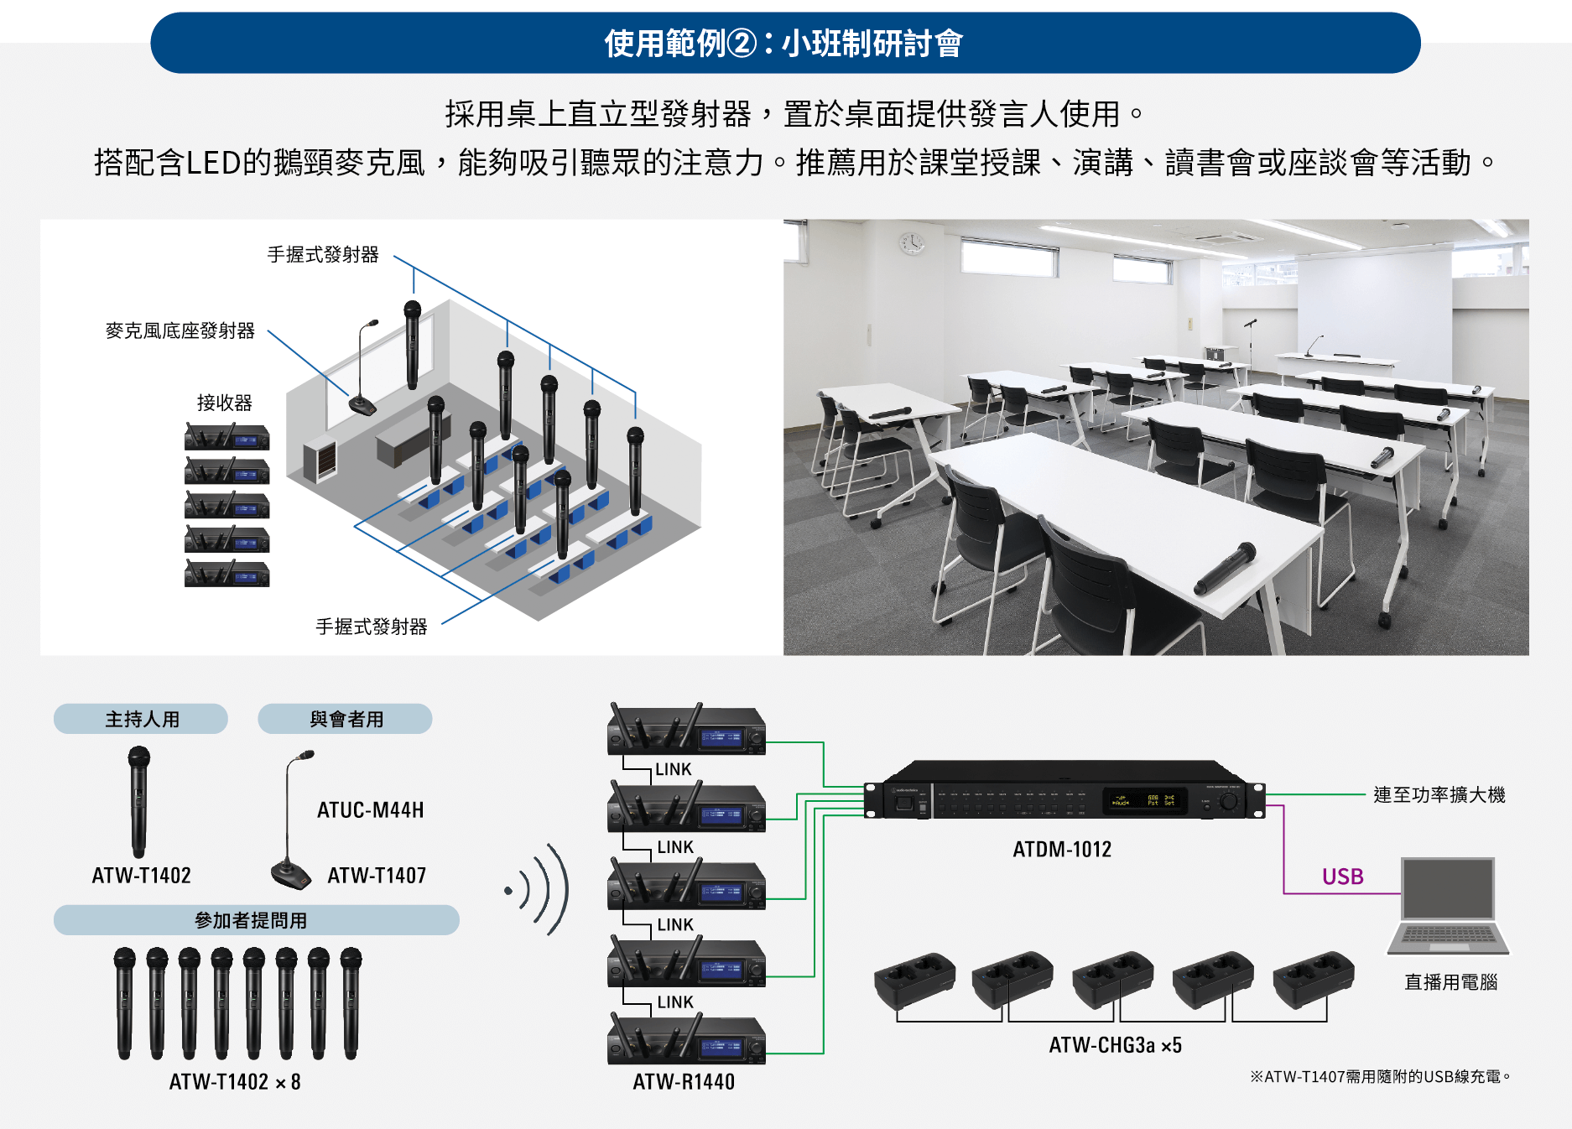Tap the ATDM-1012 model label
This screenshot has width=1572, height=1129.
[x=1061, y=850]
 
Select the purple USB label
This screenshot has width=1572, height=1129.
[x=1342, y=877]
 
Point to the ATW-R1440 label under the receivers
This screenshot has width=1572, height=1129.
[x=684, y=1082]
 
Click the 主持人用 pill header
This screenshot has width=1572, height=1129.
[x=141, y=719]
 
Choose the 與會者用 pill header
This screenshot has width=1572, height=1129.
[x=345, y=719]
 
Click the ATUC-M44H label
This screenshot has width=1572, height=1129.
[x=370, y=810]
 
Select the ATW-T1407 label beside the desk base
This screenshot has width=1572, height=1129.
[x=377, y=876]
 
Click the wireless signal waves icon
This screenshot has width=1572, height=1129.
[x=542, y=889]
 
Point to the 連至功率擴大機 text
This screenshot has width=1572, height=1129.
[x=1439, y=794]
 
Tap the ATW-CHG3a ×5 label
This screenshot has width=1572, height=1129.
[x=1115, y=1045]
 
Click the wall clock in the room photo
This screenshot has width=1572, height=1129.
[x=912, y=242]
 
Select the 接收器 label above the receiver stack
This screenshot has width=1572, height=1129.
[x=224, y=403]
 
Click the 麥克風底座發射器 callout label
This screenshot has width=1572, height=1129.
[x=180, y=330]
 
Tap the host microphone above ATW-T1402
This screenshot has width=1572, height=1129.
[x=138, y=801]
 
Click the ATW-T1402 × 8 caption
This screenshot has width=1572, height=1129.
[x=235, y=1082]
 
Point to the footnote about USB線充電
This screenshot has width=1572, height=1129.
[x=1380, y=1076]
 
